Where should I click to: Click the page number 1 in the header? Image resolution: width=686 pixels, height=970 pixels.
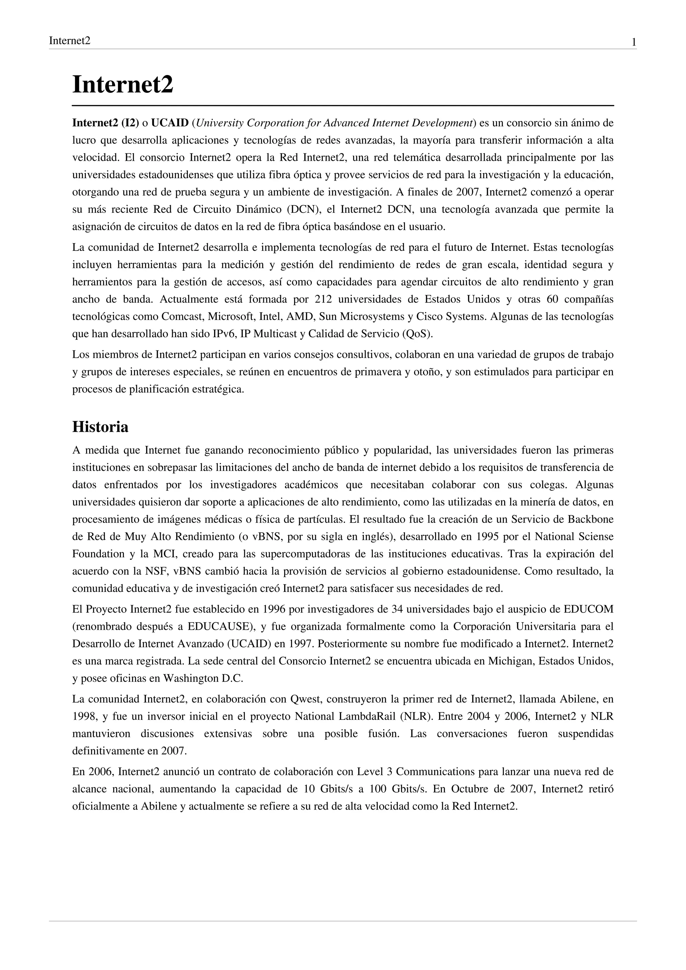(634, 42)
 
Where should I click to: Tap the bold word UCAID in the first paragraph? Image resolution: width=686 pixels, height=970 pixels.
(170, 123)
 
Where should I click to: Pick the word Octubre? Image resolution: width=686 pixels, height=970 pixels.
(468, 789)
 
